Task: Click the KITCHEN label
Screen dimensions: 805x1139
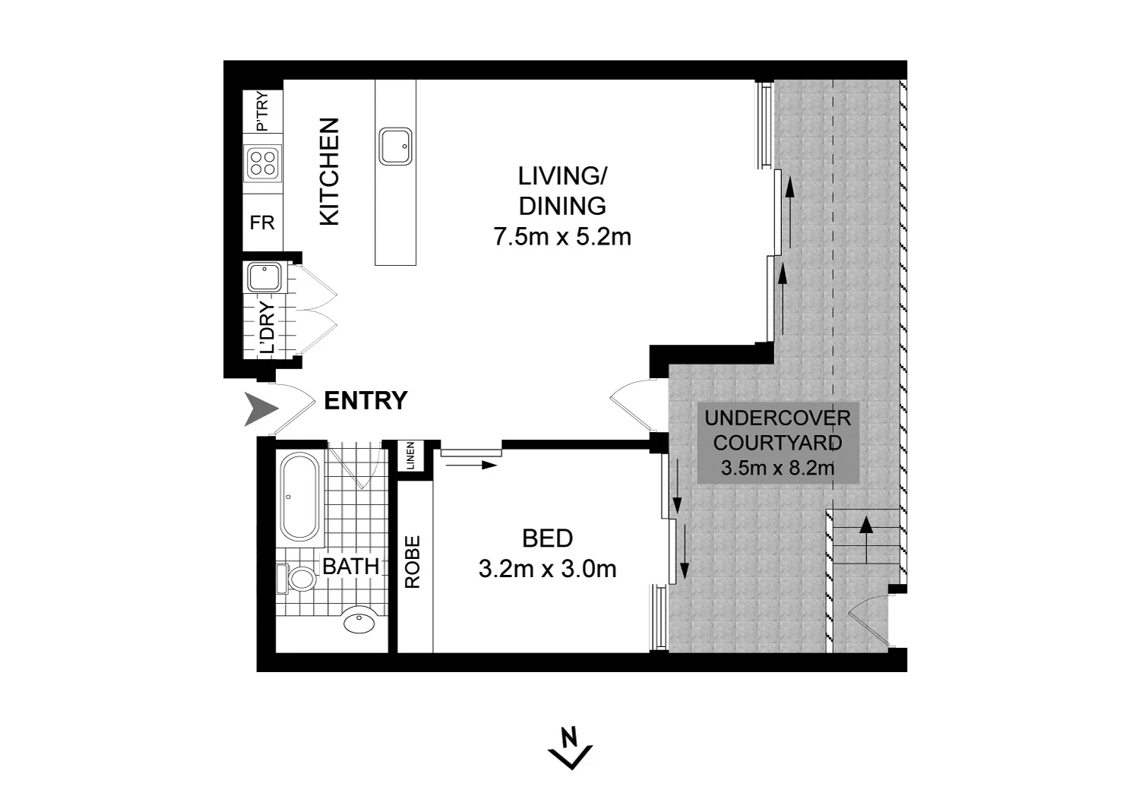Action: [x=329, y=172]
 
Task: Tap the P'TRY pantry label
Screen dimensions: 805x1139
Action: [x=262, y=112]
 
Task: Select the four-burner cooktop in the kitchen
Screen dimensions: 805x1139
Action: [x=263, y=163]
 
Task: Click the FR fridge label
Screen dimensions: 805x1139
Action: [x=262, y=223]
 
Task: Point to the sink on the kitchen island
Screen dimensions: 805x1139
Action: [x=395, y=147]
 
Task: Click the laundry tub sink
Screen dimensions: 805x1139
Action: [x=264, y=277]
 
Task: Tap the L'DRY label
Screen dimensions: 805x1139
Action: [x=267, y=329]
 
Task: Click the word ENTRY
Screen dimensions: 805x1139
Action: [x=365, y=400]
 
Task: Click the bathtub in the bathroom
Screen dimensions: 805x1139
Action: [x=300, y=497]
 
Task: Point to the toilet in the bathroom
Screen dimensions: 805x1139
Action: [x=299, y=579]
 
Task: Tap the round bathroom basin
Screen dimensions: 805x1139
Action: [x=359, y=622]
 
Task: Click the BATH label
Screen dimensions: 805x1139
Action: [x=350, y=566]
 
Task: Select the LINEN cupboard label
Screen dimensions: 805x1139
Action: [x=410, y=456]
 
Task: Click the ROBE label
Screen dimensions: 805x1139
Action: [x=413, y=562]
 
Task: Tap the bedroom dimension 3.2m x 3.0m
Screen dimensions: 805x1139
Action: [x=547, y=569]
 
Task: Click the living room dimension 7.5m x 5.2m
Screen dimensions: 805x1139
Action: [x=562, y=237]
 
